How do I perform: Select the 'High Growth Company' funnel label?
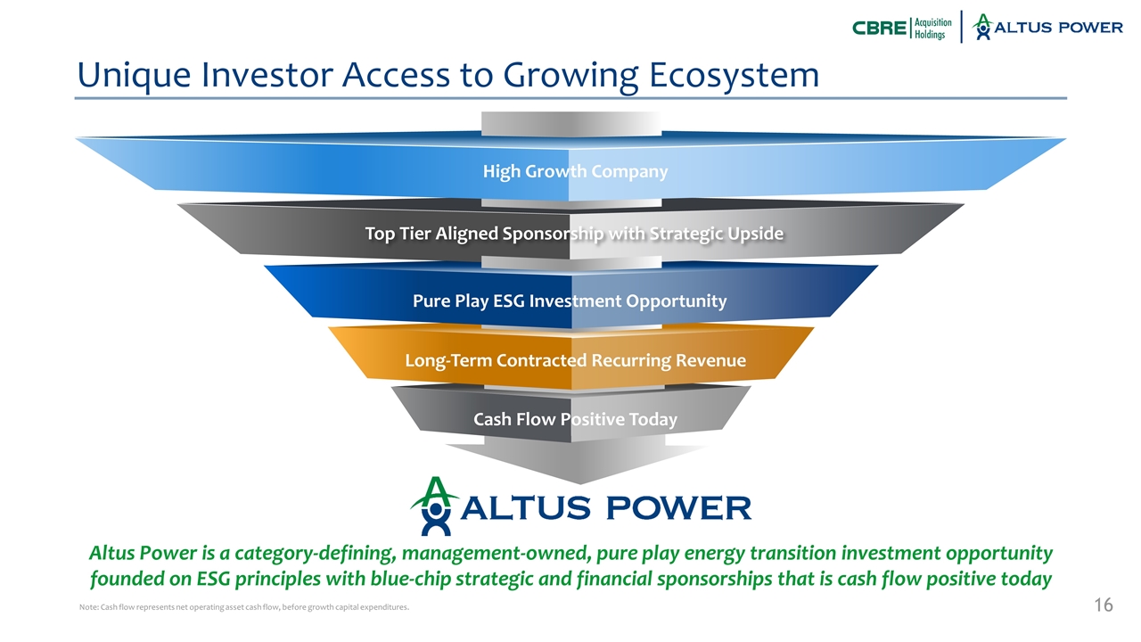(x=575, y=170)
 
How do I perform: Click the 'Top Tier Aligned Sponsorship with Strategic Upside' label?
(x=575, y=234)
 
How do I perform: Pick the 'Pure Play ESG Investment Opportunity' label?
(x=570, y=300)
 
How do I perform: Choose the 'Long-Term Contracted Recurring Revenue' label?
(x=575, y=360)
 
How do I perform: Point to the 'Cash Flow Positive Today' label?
(x=575, y=419)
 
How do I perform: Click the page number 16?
(x=1103, y=606)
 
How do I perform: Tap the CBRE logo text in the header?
(x=878, y=28)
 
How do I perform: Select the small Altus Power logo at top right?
(x=1047, y=27)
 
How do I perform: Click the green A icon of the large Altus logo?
(x=434, y=506)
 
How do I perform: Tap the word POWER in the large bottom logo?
(x=678, y=508)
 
